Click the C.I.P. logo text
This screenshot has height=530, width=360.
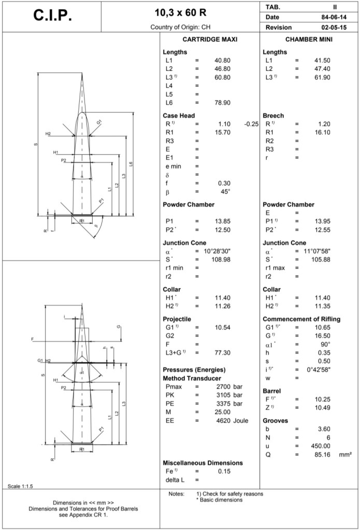pos(53,16)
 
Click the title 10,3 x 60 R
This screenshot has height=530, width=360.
pos(181,11)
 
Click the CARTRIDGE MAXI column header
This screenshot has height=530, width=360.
pos(210,39)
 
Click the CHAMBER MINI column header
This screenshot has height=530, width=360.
pos(309,39)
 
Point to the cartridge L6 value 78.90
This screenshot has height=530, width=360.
pos(222,102)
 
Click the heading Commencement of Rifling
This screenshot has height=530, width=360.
pos(301,319)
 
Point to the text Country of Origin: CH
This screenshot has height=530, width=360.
pos(181,27)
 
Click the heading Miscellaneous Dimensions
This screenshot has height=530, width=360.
pos(203,463)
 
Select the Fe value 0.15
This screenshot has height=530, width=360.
pos(224,471)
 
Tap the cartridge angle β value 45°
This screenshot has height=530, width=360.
pos(225,192)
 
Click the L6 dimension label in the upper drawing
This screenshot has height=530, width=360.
pos(132,164)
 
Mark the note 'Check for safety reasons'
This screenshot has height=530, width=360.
pos(231,494)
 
